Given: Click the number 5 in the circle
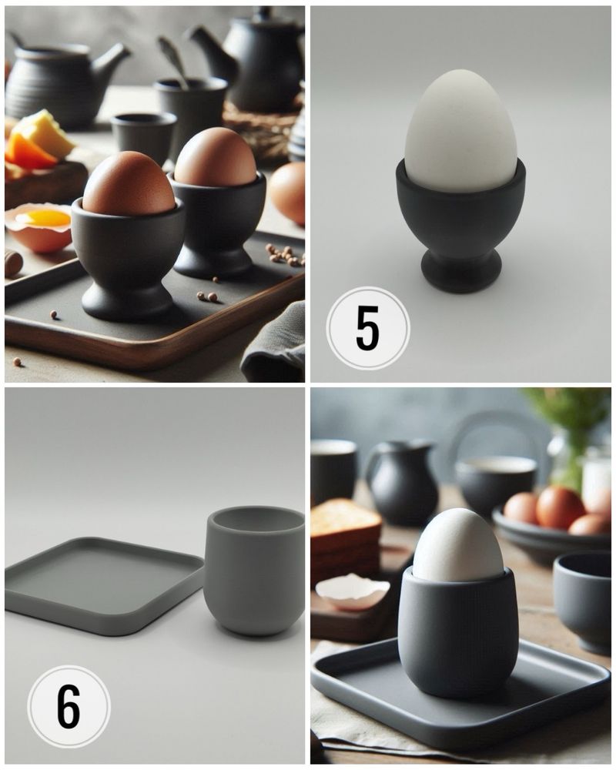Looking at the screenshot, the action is (367, 328).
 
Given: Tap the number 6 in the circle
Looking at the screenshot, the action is (69, 706).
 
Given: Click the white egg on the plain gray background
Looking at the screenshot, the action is (460, 131).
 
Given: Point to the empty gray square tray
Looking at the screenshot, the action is (104, 585).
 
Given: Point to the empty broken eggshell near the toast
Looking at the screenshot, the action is (353, 591).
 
